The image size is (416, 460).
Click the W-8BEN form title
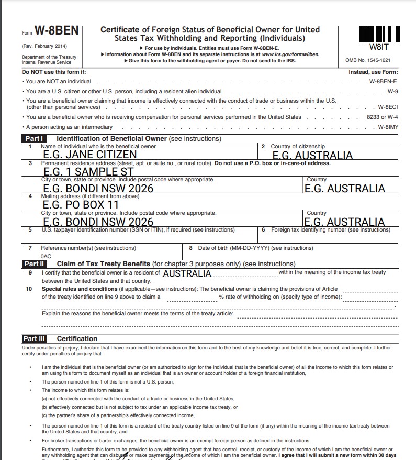tap(57, 30)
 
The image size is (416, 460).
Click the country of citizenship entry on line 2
tap(313, 156)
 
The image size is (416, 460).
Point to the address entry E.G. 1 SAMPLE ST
tap(88, 171)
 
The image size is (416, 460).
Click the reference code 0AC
tap(46, 257)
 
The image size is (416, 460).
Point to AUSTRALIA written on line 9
tap(187, 273)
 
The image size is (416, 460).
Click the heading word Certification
tap(77, 339)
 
